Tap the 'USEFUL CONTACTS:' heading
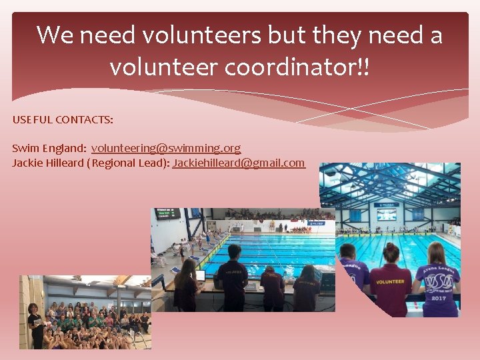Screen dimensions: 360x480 (63, 120)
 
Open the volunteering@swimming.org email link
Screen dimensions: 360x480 (166, 148)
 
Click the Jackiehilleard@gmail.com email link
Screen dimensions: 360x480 (239, 163)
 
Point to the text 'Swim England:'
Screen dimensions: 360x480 (49, 148)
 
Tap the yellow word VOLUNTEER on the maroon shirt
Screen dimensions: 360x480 (390, 282)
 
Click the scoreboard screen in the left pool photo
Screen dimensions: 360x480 (167, 214)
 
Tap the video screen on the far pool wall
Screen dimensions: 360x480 (387, 214)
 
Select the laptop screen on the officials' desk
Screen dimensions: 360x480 (199, 275)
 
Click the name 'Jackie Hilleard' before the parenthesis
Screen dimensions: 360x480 (48, 163)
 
